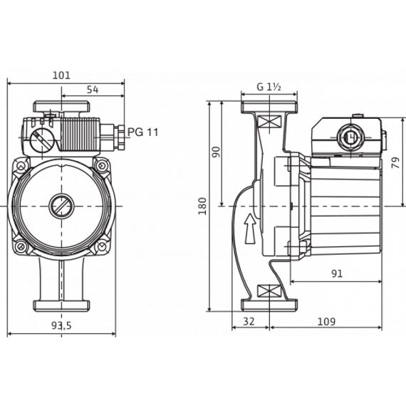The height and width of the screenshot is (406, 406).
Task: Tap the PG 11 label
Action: (142, 132)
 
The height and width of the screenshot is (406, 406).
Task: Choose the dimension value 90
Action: (217, 151)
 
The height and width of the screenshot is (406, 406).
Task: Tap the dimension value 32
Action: (249, 321)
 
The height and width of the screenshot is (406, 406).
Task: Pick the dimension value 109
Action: (326, 321)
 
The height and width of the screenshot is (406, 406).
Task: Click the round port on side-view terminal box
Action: (350, 134)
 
